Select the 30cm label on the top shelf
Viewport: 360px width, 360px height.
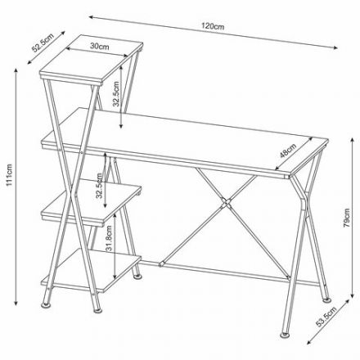click(x=99, y=47)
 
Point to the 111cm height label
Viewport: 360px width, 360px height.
click(x=9, y=176)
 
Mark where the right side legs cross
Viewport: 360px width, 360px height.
click(x=305, y=208)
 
